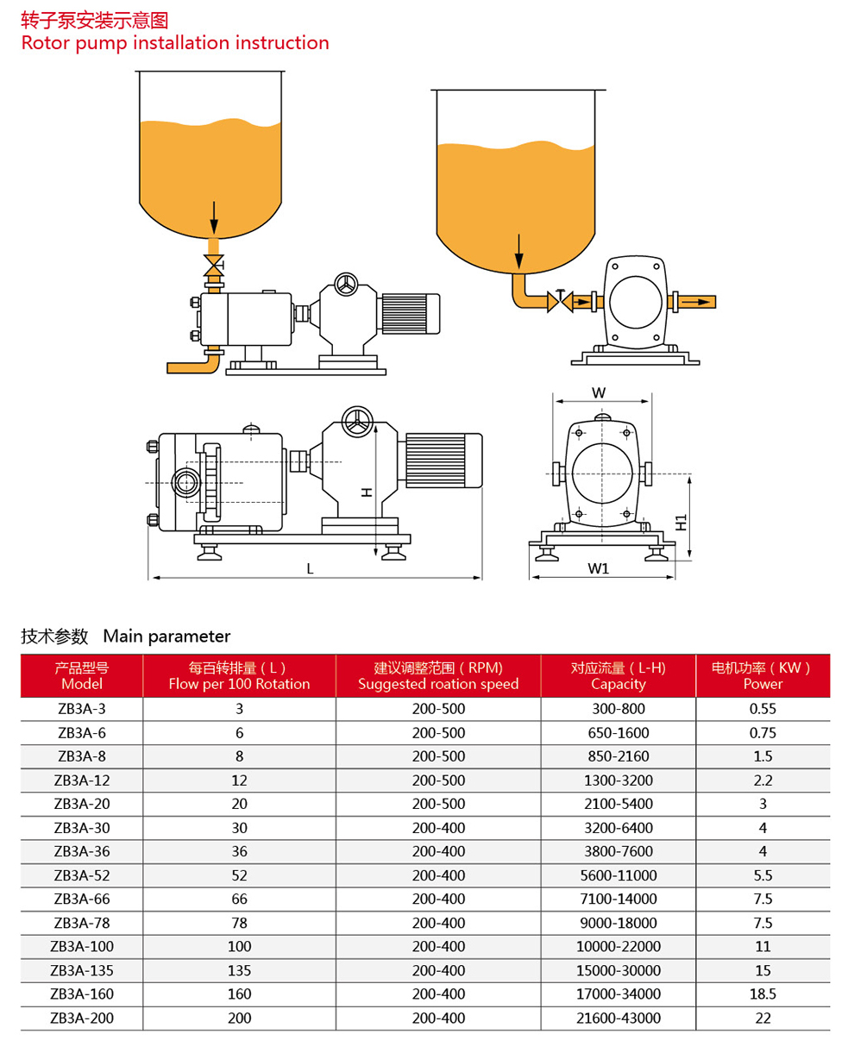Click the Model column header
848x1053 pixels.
pyautogui.click(x=82, y=675)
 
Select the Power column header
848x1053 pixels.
pyautogui.click(x=763, y=675)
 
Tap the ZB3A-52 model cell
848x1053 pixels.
pyautogui.click(x=82, y=875)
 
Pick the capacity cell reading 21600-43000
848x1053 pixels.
pyautogui.click(x=618, y=1018)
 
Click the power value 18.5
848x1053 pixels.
pyautogui.click(x=763, y=993)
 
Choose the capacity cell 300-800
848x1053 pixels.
pyautogui.click(x=618, y=709)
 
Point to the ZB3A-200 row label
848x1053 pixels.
pyautogui.click(x=82, y=1018)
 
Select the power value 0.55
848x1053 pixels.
pyautogui.click(x=763, y=709)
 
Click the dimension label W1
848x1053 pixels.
pyautogui.click(x=599, y=568)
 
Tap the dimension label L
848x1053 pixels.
pyautogui.click(x=310, y=568)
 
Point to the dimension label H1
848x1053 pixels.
pyautogui.click(x=681, y=522)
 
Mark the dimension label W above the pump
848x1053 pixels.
pyautogui.click(x=598, y=392)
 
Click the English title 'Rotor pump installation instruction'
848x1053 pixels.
pyautogui.click(x=175, y=42)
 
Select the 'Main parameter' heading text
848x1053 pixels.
pyautogui.click(x=166, y=636)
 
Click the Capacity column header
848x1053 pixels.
pyautogui.click(x=618, y=675)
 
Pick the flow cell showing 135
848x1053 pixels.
pyautogui.click(x=239, y=970)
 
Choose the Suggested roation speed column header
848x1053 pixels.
pyautogui.click(x=438, y=675)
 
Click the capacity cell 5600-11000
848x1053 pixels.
pyautogui.click(x=618, y=875)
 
